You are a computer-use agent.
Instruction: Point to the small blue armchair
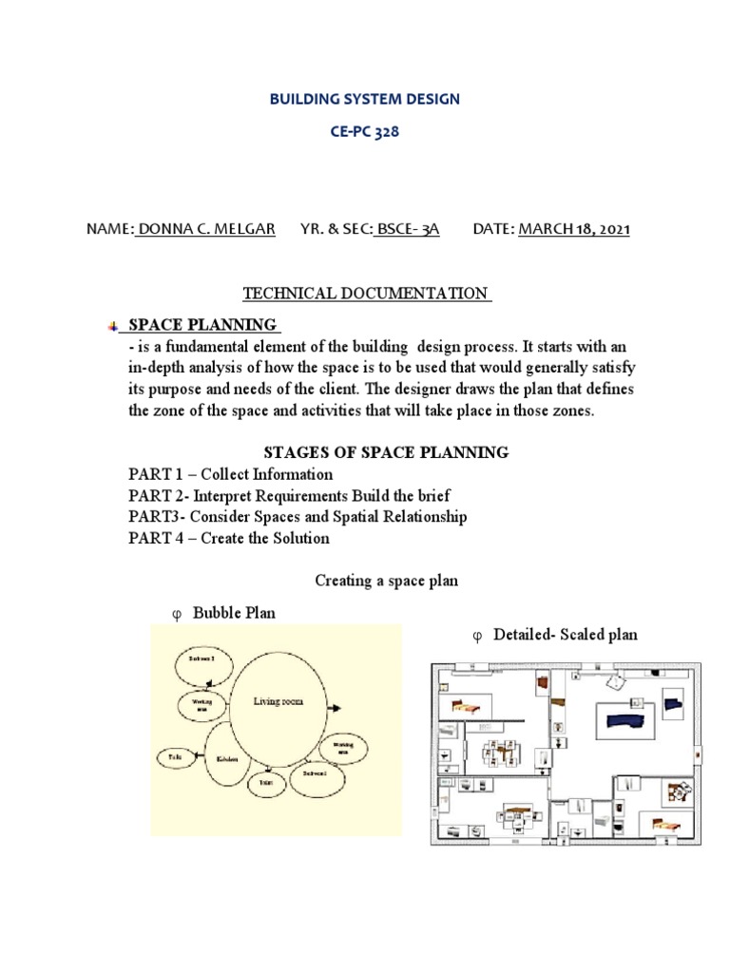[x=674, y=703]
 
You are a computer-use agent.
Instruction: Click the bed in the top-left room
[x=469, y=705]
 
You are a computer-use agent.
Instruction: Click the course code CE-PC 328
[x=365, y=133]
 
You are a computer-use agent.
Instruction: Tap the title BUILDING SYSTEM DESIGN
[x=364, y=99]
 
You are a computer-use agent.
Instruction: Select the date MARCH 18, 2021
[x=573, y=230]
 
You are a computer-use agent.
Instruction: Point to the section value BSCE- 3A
[x=407, y=230]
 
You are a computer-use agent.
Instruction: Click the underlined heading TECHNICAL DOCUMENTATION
[x=366, y=294]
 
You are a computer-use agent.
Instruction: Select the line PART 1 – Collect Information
[x=231, y=474]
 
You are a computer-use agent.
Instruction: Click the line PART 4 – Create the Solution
[x=229, y=538]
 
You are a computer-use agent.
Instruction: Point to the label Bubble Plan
[x=234, y=613]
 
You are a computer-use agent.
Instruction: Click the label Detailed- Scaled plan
[x=566, y=634]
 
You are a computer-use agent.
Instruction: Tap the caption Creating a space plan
[x=387, y=580]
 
